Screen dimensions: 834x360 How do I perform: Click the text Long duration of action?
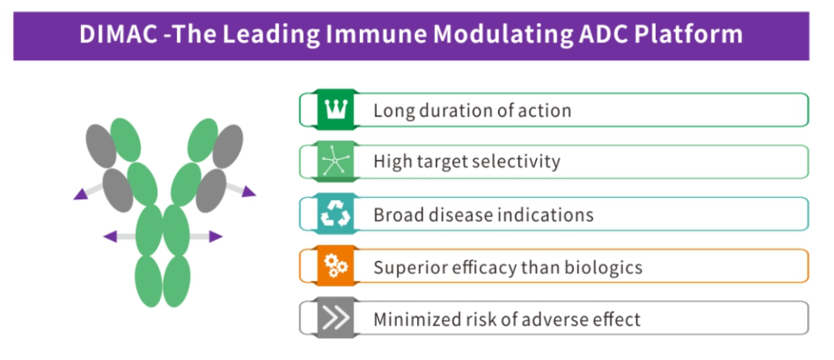[473, 110]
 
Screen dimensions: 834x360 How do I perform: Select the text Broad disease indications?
[483, 214]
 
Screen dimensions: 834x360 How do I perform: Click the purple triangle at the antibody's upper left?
[81, 195]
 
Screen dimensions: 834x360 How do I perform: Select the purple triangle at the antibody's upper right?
[248, 191]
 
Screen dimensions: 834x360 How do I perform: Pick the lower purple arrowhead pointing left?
[110, 236]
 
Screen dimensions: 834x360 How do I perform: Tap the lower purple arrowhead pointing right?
[215, 236]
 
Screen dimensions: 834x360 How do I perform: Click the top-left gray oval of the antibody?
[101, 146]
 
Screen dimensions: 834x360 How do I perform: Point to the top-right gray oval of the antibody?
[228, 146]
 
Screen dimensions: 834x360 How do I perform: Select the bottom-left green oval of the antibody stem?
[149, 280]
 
